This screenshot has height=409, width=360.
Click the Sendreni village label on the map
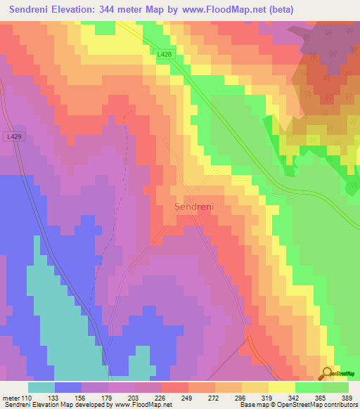point(193,207)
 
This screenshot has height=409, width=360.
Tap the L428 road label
point(164,55)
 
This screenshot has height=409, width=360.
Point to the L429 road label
point(13,136)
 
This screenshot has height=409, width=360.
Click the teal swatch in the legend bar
point(41,387)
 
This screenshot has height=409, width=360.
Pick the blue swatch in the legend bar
point(68,387)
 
